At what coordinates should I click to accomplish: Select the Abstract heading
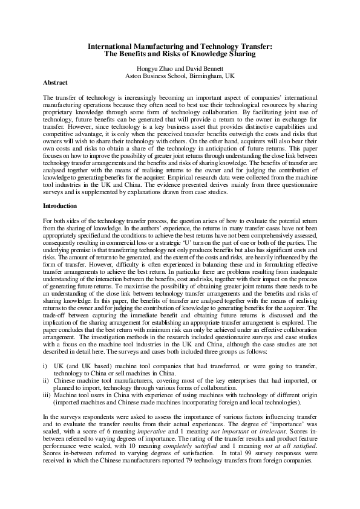[55, 82]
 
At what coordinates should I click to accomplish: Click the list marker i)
[45, 366]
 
